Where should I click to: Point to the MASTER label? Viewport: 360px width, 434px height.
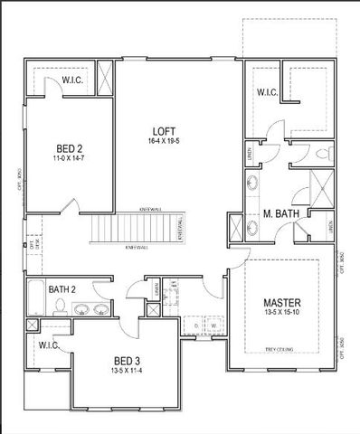[281, 301]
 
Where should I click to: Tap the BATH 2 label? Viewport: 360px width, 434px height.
[62, 289]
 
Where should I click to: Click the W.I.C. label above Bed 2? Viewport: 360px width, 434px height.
[73, 81]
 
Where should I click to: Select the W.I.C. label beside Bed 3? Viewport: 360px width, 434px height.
[49, 344]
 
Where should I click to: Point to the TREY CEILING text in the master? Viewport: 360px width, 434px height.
[281, 348]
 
